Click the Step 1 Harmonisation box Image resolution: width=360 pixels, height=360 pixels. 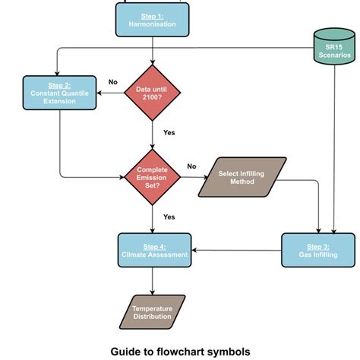153,19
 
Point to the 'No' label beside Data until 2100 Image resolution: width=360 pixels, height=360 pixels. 113,82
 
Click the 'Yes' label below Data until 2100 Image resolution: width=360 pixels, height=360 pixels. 169,131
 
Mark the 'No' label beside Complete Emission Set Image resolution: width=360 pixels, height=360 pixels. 191,166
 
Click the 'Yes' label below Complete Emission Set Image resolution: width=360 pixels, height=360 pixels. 169,216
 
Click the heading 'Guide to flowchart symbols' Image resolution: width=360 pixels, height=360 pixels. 180,351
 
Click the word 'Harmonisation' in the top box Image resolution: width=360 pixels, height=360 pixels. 153,24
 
